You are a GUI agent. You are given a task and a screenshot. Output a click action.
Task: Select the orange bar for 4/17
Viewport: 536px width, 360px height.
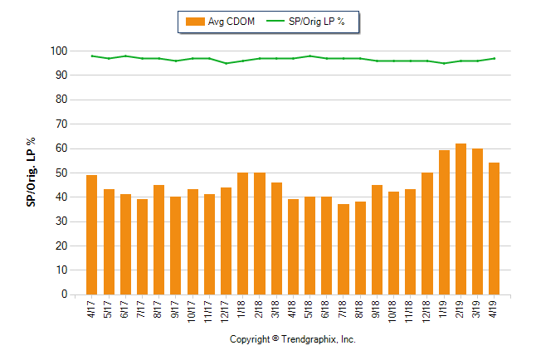pyautogui.click(x=92, y=235)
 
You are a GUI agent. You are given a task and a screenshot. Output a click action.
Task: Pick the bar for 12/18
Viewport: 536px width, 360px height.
pyautogui.click(x=427, y=233)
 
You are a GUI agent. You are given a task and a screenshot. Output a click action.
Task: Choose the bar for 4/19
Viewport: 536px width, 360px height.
pyautogui.click(x=495, y=228)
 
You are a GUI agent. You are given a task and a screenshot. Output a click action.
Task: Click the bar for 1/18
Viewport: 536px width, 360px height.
pyautogui.click(x=243, y=233)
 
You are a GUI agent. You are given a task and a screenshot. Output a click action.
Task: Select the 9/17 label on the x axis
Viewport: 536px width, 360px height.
pyautogui.click(x=176, y=309)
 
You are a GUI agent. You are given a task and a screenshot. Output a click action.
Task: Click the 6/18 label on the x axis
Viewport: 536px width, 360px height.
pyautogui.click(x=327, y=309)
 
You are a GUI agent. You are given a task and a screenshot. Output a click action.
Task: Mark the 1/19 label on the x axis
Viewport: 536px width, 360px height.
pyautogui.click(x=444, y=309)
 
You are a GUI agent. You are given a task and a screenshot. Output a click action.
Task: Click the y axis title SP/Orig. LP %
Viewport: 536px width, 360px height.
pyautogui.click(x=31, y=173)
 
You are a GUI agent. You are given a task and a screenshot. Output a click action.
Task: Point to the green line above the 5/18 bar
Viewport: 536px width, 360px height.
pyautogui.click(x=309, y=56)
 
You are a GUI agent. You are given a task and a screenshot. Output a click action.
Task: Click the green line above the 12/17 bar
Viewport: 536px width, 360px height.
pyautogui.click(x=226, y=63)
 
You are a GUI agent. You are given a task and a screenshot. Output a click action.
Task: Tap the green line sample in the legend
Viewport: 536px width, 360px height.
pyautogui.click(x=275, y=22)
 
